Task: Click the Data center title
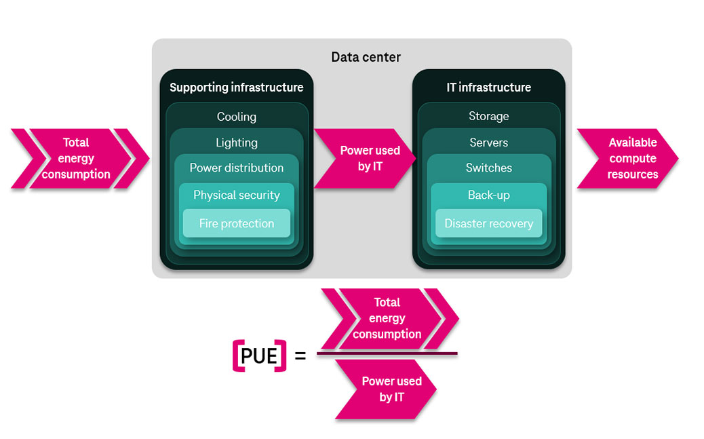click(x=366, y=57)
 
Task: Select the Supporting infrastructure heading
click(x=236, y=88)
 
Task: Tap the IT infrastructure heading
click(x=488, y=88)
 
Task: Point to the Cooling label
click(x=236, y=117)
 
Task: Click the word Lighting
click(x=236, y=142)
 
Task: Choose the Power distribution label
click(x=236, y=168)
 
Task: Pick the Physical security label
click(x=236, y=195)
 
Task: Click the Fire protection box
click(x=236, y=223)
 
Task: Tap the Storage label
click(x=488, y=117)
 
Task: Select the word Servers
click(x=488, y=142)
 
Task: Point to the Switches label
click(x=488, y=168)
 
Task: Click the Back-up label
click(x=488, y=195)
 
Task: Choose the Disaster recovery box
click(x=488, y=223)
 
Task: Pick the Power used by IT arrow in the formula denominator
click(x=390, y=389)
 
